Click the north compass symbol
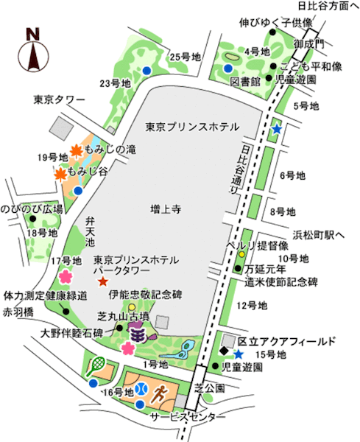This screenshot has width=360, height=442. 32,51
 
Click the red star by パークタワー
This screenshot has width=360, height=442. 102,282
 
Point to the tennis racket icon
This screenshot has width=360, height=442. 96,363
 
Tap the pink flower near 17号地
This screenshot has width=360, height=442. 65,276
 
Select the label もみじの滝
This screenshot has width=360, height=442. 110,149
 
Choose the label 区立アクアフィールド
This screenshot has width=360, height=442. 287,341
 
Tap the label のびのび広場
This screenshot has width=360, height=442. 32,209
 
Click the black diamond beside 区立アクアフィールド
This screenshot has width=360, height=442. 225,351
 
